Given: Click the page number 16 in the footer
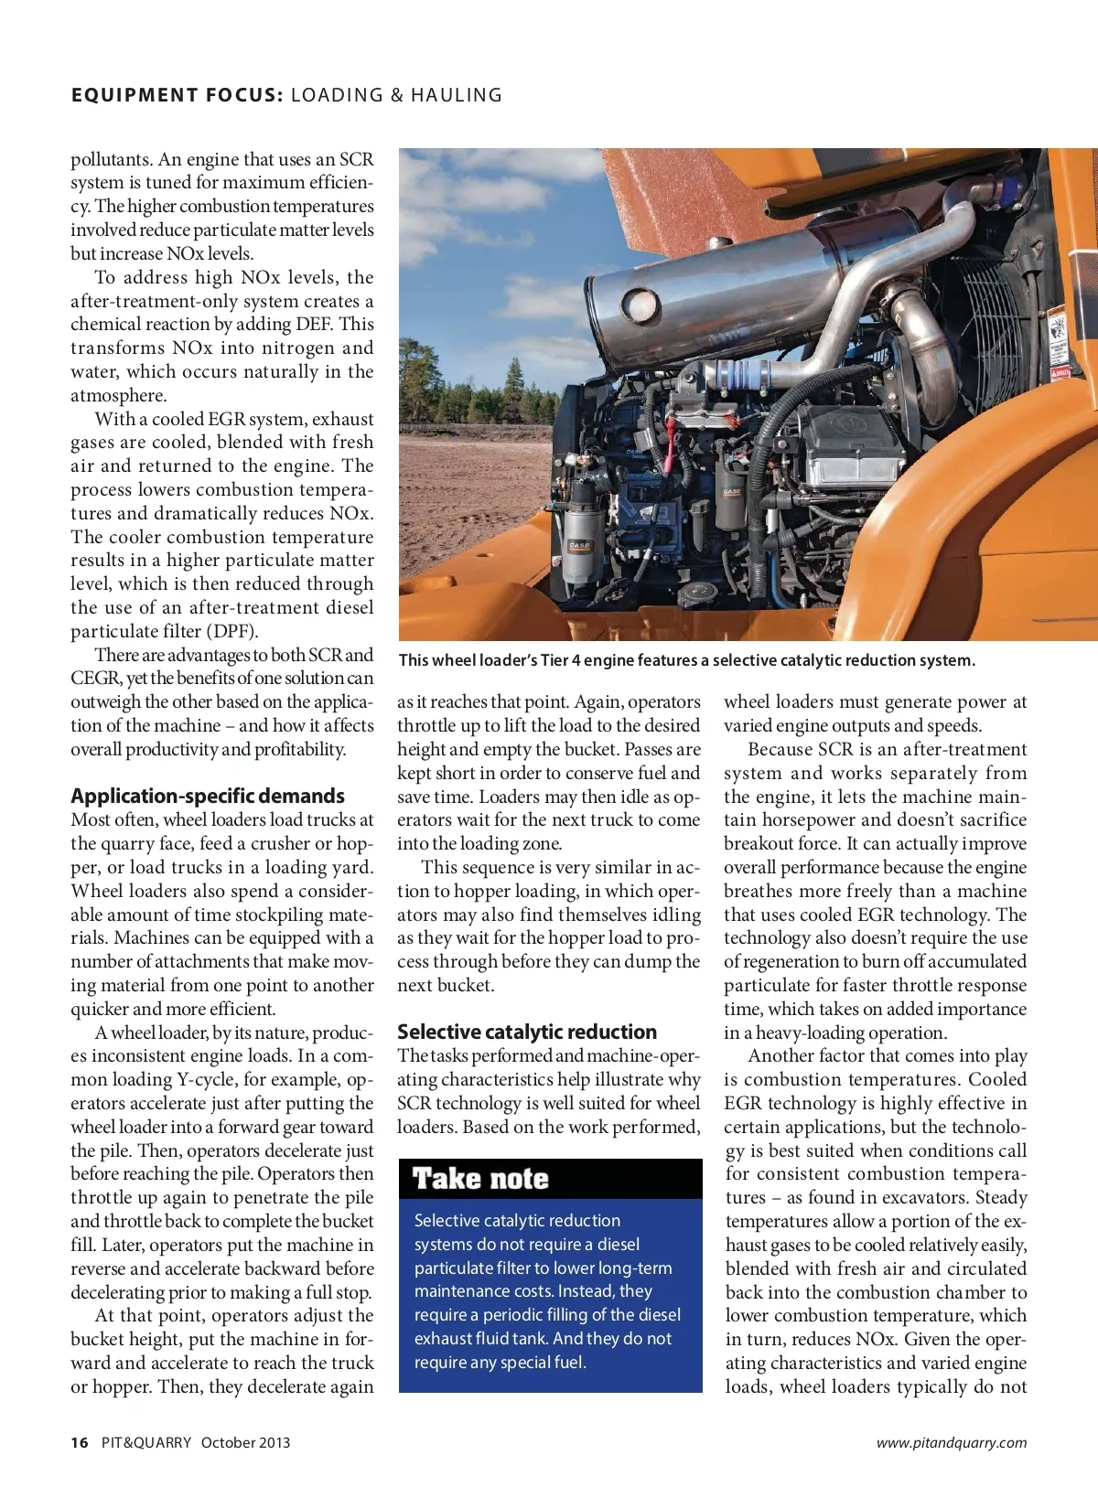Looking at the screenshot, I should pyautogui.click(x=80, y=1442).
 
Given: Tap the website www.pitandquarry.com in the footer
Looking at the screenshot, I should pyautogui.click(x=952, y=1443).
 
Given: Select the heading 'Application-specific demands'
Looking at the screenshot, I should pyautogui.click(x=208, y=796).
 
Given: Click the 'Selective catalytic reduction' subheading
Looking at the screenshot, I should pyautogui.click(x=527, y=1032).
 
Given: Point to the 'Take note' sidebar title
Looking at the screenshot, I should pyautogui.click(x=480, y=1179).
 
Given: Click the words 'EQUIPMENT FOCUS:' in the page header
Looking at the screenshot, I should pyautogui.click(x=178, y=95).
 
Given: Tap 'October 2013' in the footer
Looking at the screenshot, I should pyautogui.click(x=245, y=1442).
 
